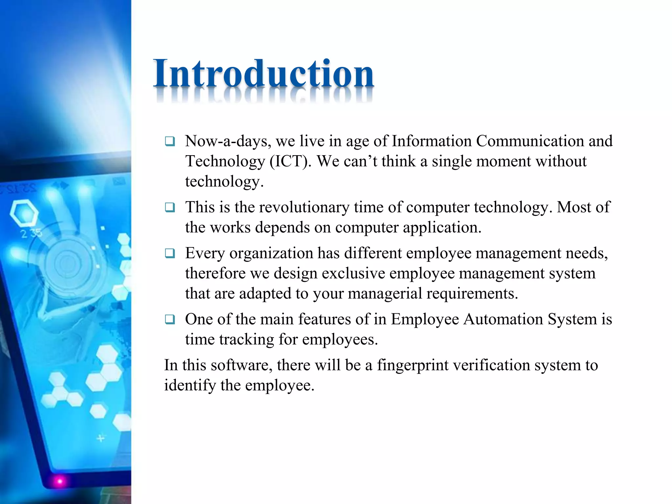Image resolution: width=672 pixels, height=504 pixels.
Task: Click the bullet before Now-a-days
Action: click(170, 142)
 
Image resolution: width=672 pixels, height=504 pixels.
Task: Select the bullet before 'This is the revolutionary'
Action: click(170, 208)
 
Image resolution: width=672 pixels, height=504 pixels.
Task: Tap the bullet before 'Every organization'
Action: click(170, 254)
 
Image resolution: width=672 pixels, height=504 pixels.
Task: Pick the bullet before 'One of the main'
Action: click(170, 320)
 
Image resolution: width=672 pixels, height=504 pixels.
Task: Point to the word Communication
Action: click(530, 141)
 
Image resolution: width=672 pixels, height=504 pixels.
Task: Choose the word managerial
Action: click(385, 293)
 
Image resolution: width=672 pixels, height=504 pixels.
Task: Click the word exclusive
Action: click(353, 273)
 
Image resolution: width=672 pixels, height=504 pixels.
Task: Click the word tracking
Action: click(246, 339)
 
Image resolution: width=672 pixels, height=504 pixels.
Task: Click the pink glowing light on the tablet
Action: click(60, 481)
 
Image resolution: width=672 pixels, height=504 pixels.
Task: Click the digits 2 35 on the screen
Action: click(31, 234)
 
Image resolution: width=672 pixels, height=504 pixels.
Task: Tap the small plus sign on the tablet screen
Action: click(101, 438)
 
